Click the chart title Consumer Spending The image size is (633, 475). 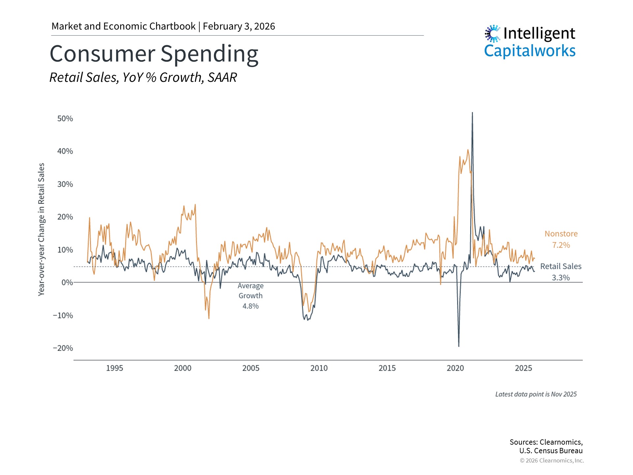tap(154, 54)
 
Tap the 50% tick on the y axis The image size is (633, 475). tap(65, 119)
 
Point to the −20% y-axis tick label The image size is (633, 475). tap(63, 348)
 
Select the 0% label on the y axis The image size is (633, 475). tap(67, 283)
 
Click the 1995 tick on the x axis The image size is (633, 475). tap(114, 368)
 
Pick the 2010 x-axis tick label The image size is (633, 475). tap(319, 368)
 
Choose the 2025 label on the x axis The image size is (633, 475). tap(523, 368)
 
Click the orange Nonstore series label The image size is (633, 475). tap(561, 234)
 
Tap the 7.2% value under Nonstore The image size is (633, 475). tap(561, 245)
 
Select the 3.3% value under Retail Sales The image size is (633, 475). tap(561, 278)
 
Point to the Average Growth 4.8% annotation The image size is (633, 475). tap(251, 296)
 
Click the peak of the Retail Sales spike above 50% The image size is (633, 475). tap(472, 113)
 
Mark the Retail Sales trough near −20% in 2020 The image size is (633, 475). tap(459, 346)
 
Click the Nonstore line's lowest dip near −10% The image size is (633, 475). tap(209, 318)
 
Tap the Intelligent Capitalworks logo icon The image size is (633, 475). tap(492, 33)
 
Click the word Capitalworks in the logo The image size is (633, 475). tap(529, 51)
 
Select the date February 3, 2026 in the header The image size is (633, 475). tap(239, 26)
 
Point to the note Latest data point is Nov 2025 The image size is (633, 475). tap(536, 394)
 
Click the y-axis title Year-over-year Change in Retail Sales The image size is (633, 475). tap(41, 229)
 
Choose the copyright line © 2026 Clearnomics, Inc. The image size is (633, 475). tap(552, 460)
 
